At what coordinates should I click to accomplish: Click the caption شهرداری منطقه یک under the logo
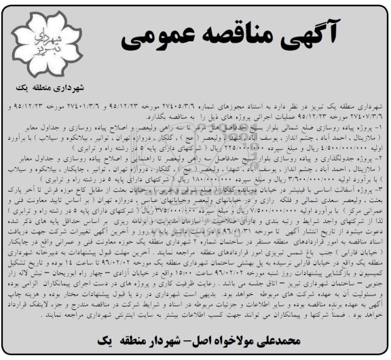(50, 88)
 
